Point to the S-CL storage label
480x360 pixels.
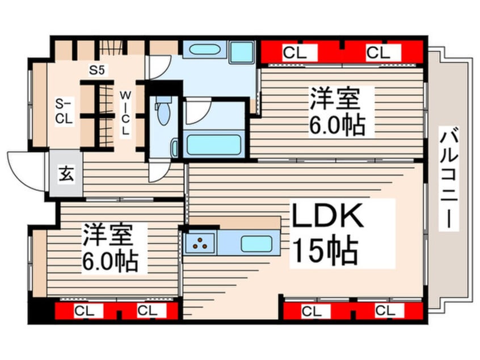click(63, 111)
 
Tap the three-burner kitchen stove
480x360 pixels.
click(200, 243)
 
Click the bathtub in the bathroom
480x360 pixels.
click(212, 144)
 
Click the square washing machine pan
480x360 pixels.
click(241, 52)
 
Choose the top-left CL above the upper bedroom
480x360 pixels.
click(294, 53)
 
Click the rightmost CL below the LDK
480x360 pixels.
click(385, 311)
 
